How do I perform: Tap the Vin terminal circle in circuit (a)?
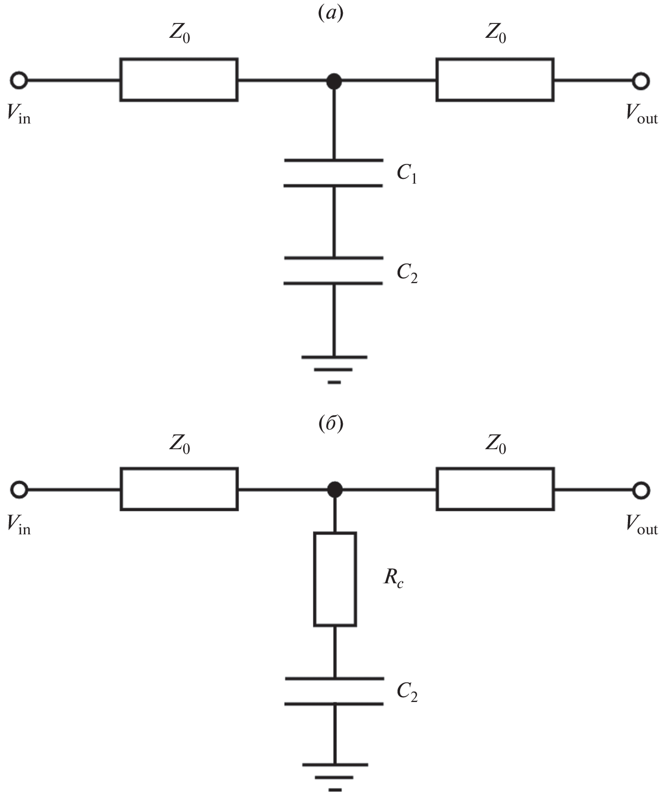point(19,80)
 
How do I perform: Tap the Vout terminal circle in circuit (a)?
point(641,81)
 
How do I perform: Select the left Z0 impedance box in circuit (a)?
point(179,80)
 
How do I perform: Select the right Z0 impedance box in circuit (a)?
point(495,80)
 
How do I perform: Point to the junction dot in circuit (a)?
point(334,81)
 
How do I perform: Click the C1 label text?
point(407,174)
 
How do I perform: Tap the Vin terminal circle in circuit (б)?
point(19,490)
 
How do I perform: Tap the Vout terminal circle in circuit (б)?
point(641,490)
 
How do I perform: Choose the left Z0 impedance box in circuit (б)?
point(179,489)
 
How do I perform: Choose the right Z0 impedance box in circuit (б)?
point(495,489)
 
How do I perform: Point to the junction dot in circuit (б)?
point(334,490)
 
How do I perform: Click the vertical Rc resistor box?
point(335,579)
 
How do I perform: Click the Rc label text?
point(393,579)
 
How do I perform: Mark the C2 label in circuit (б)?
point(407,691)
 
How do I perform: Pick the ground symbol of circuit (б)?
point(335,777)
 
